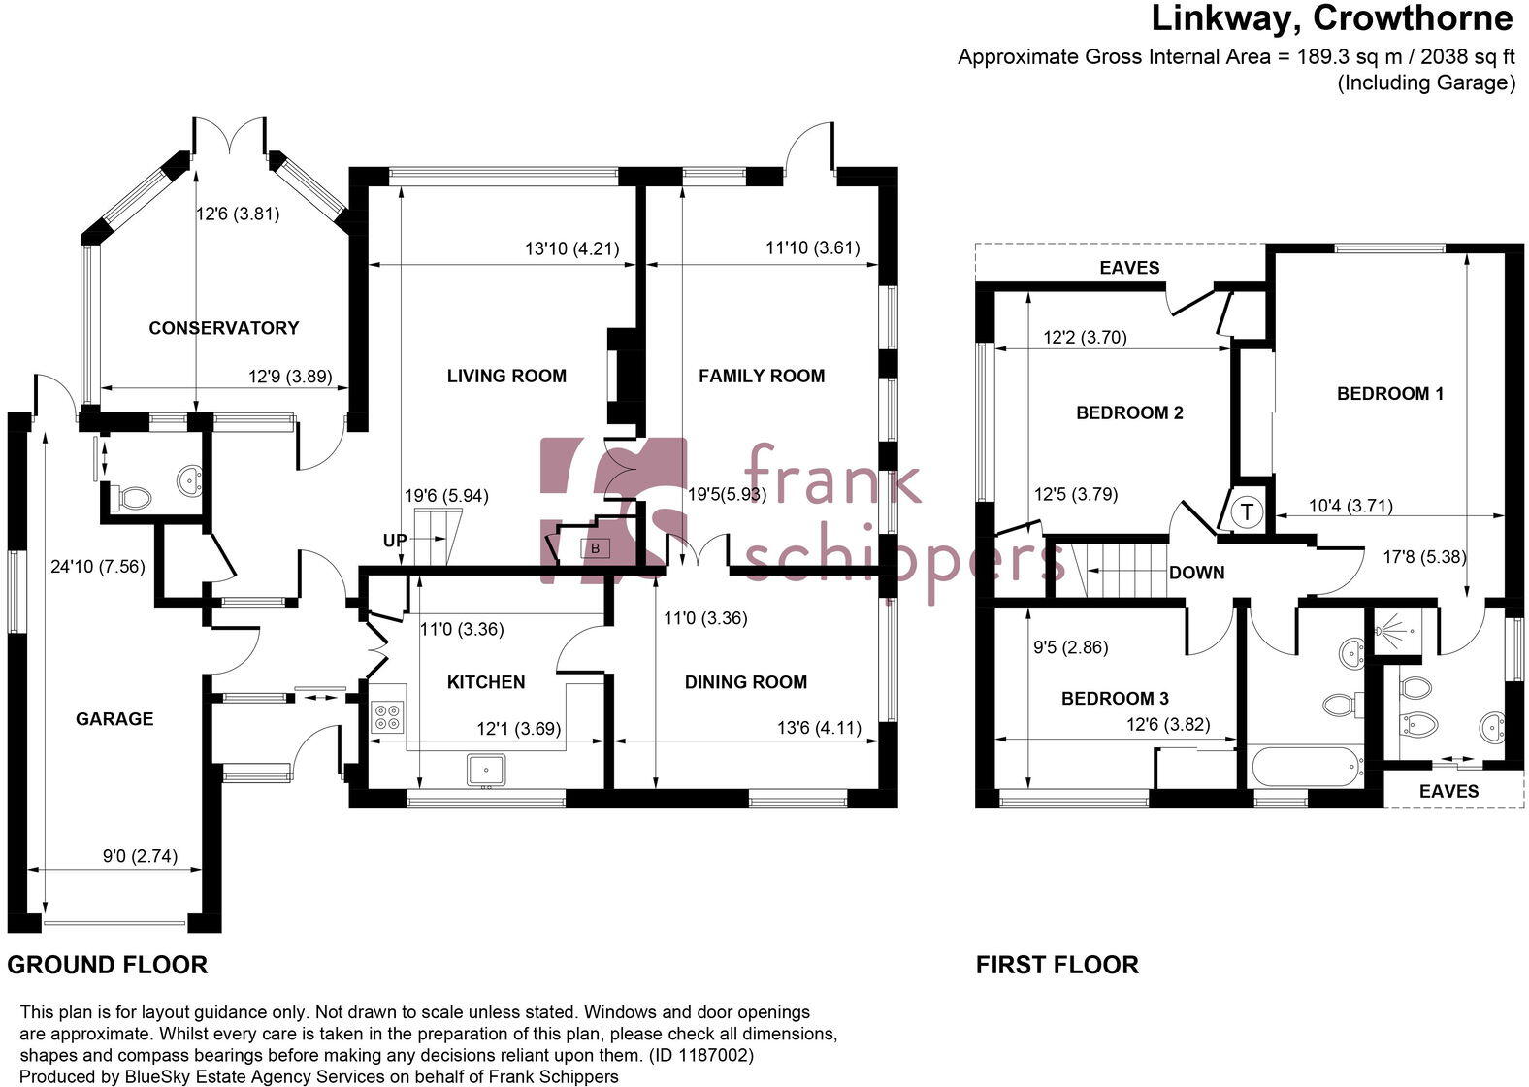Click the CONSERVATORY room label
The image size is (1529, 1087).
(x=223, y=328)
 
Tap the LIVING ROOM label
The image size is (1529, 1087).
(x=506, y=376)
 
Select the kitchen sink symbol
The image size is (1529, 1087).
(x=485, y=770)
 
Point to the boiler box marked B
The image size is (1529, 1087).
(x=596, y=548)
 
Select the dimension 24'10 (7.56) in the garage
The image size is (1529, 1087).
(x=97, y=566)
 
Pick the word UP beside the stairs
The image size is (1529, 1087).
(x=394, y=541)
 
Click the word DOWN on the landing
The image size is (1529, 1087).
(x=1196, y=573)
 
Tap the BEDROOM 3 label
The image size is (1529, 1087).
(x=1115, y=698)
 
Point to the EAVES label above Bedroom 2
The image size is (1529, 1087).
(x=1129, y=267)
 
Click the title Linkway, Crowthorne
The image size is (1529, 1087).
(x=1331, y=18)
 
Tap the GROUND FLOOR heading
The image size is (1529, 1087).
(x=108, y=965)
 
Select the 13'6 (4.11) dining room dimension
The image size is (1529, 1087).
(x=819, y=727)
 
